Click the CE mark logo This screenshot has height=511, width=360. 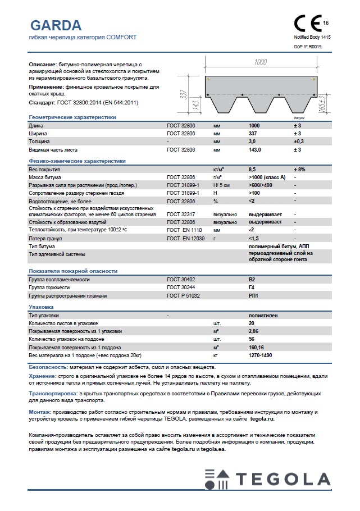pyautogui.click(x=308, y=24)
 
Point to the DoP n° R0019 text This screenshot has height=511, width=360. pyautogui.click(x=308, y=47)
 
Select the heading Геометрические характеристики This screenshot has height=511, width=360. pyautogui.click(x=72, y=117)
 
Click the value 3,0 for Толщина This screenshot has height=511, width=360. pyautogui.click(x=252, y=142)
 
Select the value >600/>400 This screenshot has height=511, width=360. pyautogui.click(x=260, y=185)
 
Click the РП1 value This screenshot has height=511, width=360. pyautogui.click(x=253, y=295)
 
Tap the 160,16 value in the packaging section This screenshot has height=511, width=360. pyautogui.click(x=256, y=348)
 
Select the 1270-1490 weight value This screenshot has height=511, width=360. pyautogui.click(x=259, y=355)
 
